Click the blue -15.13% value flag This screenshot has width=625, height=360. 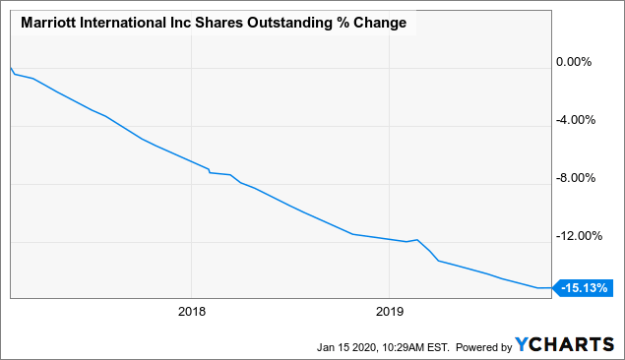(585, 288)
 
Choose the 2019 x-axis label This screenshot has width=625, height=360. (390, 312)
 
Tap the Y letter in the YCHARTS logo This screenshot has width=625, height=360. (522, 345)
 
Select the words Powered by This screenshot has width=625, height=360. (483, 346)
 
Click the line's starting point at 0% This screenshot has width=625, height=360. (10, 67)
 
